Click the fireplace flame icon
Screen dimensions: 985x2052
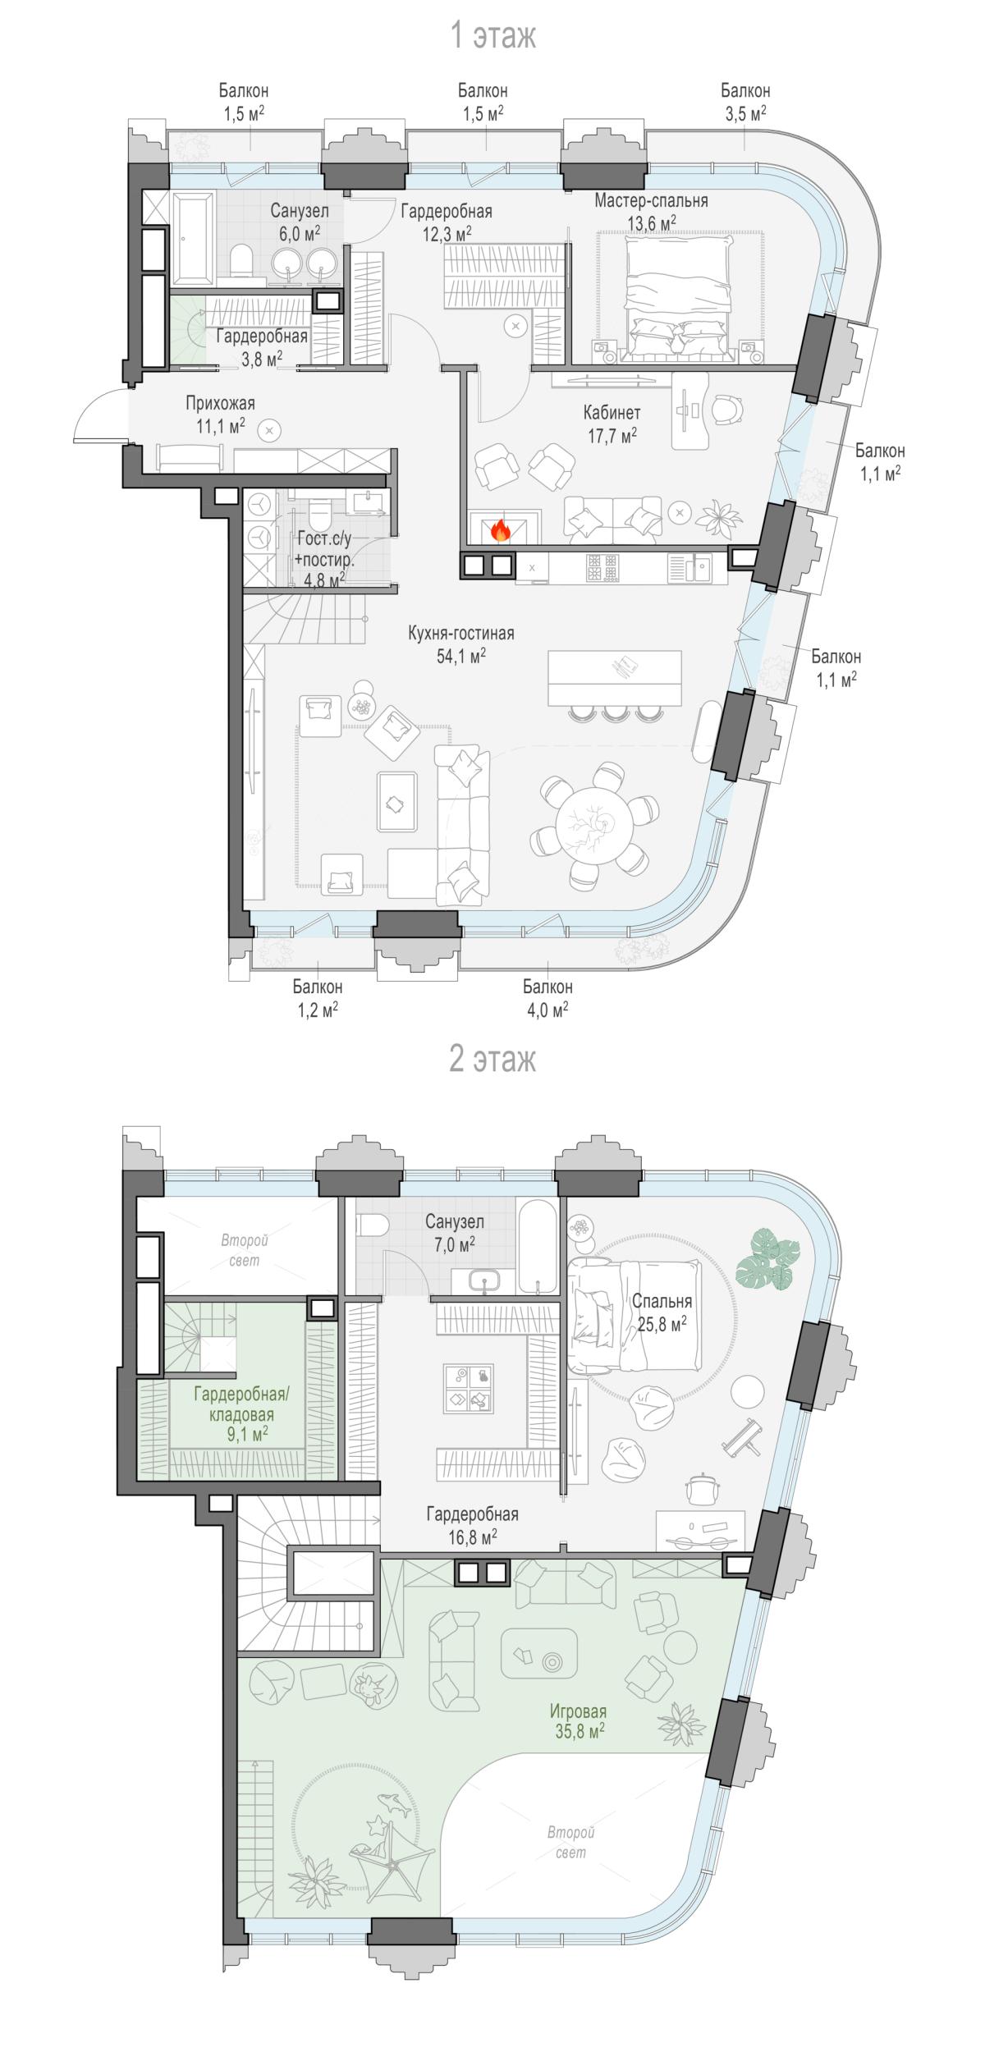click(x=500, y=530)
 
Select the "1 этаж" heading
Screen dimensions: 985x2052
click(x=493, y=36)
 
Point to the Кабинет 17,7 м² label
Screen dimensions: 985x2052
click(x=612, y=424)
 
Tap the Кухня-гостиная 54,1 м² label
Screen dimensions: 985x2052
click(x=461, y=644)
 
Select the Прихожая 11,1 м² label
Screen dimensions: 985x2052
click(x=220, y=415)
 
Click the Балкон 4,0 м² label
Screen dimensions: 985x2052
click(x=548, y=998)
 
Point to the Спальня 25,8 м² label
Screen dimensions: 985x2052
click(x=662, y=1312)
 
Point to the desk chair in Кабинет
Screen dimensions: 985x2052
click(x=727, y=407)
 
